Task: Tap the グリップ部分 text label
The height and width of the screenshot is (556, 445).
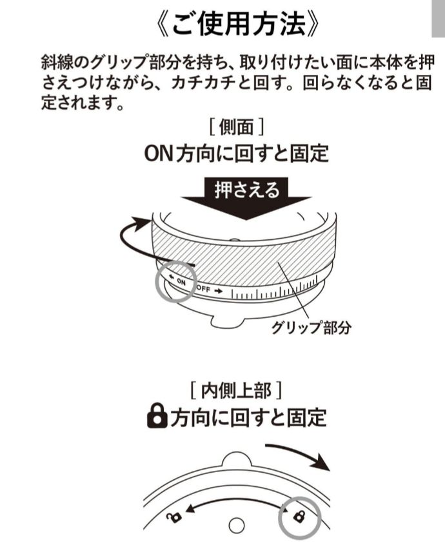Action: tap(312, 327)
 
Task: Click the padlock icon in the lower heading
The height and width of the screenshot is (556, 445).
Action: tap(157, 418)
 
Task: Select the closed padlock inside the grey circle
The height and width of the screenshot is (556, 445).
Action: tap(299, 516)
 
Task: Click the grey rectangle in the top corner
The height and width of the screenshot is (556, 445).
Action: tap(437, 19)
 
